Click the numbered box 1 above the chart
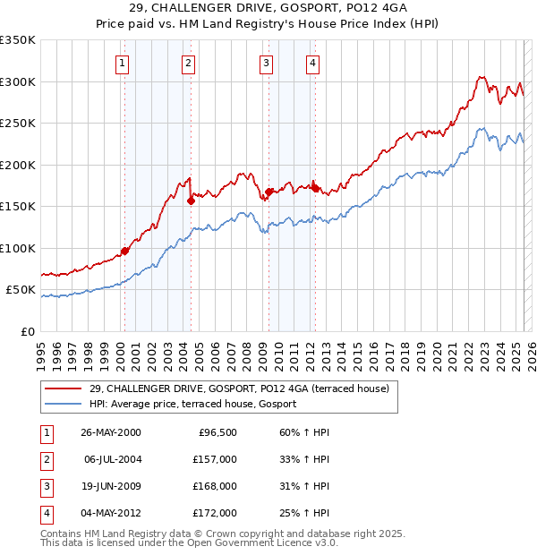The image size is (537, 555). (x=122, y=63)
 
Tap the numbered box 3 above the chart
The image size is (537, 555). (x=267, y=63)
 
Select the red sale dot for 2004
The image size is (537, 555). (x=191, y=201)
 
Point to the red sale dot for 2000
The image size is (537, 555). (x=125, y=251)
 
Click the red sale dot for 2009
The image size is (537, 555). (x=269, y=192)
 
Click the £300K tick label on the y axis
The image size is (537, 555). (x=18, y=81)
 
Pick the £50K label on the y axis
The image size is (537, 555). (x=21, y=290)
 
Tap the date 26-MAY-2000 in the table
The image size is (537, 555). (x=111, y=432)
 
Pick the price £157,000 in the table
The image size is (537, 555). (x=216, y=459)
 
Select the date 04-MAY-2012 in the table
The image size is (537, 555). (x=111, y=513)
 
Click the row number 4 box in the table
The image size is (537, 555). (x=46, y=513)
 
